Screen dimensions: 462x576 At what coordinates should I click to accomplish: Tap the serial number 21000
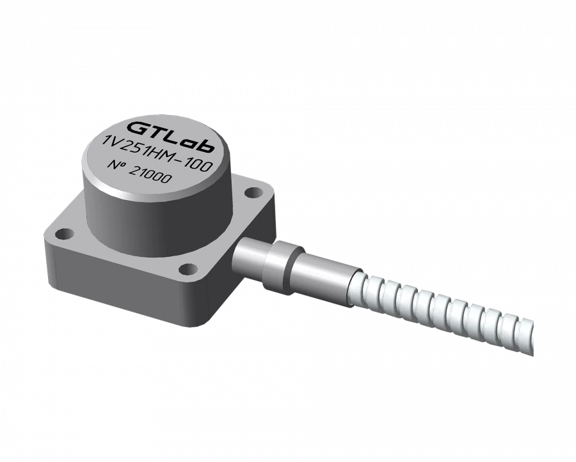click(x=151, y=176)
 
